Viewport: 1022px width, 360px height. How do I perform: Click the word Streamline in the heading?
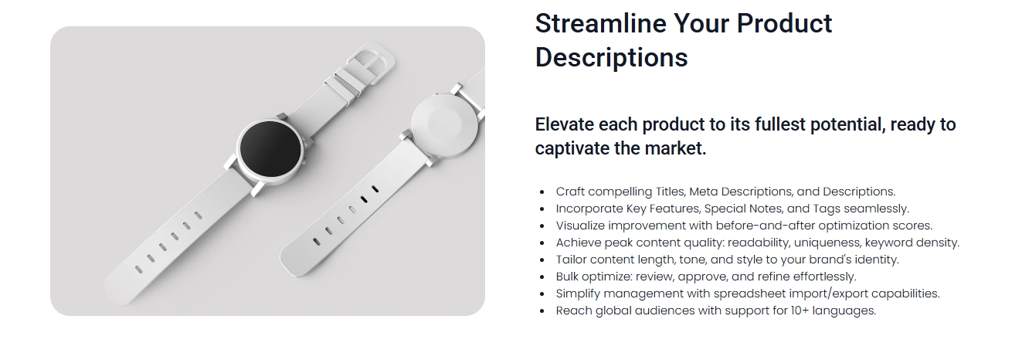pos(600,23)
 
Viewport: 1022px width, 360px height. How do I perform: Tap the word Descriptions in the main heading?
pos(611,58)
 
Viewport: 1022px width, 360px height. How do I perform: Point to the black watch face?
pos(270,148)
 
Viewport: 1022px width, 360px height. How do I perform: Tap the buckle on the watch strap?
pos(368,63)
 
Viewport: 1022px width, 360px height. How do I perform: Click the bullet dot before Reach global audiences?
pos(542,311)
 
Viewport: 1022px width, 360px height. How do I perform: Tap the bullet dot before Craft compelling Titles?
pos(542,192)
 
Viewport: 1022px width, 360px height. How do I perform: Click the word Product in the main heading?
pos(784,23)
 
